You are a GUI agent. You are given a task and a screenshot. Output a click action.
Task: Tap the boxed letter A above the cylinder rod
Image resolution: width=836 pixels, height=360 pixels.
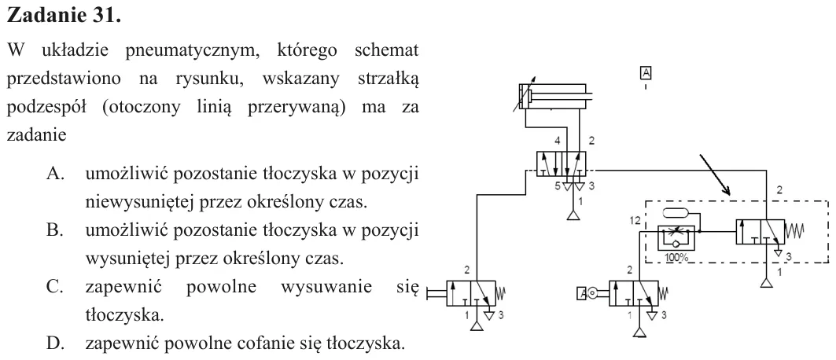coord(646,73)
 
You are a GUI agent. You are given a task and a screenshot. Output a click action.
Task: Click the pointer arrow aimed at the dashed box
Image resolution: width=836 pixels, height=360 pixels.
coord(714,174)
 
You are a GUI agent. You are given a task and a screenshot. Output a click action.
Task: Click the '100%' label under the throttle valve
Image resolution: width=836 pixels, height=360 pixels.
coord(676,257)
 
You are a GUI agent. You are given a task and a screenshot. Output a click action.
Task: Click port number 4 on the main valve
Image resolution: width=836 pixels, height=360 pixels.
coord(557,141)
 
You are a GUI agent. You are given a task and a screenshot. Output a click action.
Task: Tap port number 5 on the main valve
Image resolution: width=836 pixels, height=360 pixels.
coord(557,186)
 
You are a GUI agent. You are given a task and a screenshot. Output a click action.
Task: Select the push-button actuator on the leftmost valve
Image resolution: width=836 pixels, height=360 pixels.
coord(436,292)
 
